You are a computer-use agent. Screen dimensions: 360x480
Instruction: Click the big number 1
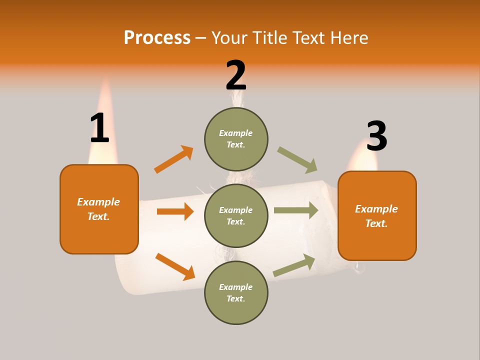coord(99,128)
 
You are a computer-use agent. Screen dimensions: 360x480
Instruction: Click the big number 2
coord(236,75)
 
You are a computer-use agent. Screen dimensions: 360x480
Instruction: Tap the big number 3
coord(376,136)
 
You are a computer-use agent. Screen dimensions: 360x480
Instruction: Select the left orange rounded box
coord(99,209)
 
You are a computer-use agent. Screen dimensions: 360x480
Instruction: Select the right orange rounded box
coord(377,216)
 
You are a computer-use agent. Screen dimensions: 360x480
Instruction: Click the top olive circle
coord(236,139)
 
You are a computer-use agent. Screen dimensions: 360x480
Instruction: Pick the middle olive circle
coord(236,216)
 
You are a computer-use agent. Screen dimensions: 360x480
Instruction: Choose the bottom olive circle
coord(236,293)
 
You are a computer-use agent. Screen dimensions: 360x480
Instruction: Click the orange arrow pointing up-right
coord(173,159)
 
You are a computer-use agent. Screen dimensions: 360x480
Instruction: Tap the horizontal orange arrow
coord(175,211)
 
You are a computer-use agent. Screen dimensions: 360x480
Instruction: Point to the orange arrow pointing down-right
coord(175,266)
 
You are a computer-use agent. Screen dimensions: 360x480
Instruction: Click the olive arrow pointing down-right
coord(297,160)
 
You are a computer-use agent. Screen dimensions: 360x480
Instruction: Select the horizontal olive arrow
coord(296,210)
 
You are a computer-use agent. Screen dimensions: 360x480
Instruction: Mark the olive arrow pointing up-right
coord(294,265)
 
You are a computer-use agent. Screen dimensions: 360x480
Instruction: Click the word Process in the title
coord(157,37)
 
